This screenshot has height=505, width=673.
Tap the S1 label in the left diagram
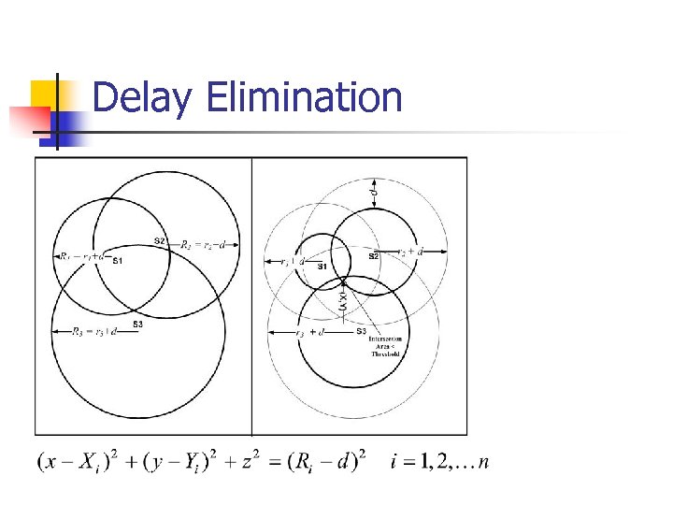click(117, 261)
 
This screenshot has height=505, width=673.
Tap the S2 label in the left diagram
click(160, 241)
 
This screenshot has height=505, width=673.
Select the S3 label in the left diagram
click(137, 325)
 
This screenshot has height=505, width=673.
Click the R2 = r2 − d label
click(203, 245)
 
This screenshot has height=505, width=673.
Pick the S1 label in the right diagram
click(322, 267)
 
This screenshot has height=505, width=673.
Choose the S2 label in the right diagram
click(372, 254)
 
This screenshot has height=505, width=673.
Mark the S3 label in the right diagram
click(361, 331)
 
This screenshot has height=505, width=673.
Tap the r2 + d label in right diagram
click(409, 251)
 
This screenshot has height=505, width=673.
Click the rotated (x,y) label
click(343, 300)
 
